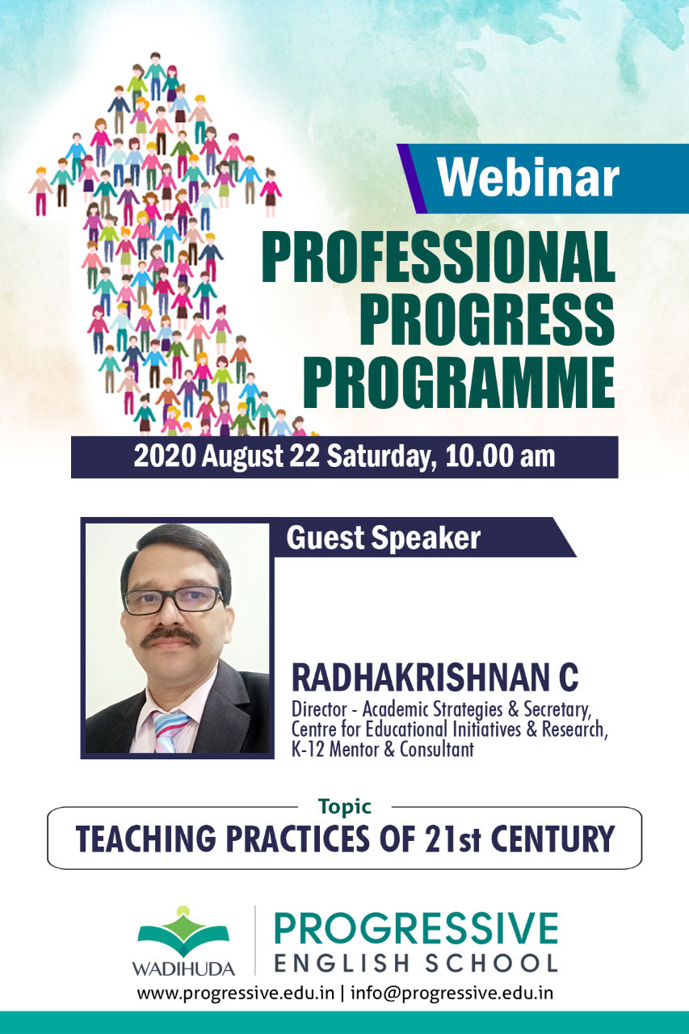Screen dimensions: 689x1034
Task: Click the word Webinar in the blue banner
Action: click(528, 178)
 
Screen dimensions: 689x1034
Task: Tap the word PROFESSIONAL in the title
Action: click(439, 256)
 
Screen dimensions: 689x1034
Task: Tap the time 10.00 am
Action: click(500, 456)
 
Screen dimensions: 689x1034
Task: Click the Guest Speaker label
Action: click(383, 538)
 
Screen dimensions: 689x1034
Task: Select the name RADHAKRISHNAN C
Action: click(435, 677)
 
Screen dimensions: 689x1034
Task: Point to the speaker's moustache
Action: click(170, 637)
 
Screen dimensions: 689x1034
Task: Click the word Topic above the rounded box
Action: click(345, 807)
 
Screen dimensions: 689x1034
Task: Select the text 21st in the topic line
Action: click(454, 839)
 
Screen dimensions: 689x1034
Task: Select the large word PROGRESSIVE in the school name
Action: click(416, 929)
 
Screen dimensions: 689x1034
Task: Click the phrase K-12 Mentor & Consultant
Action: click(383, 749)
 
